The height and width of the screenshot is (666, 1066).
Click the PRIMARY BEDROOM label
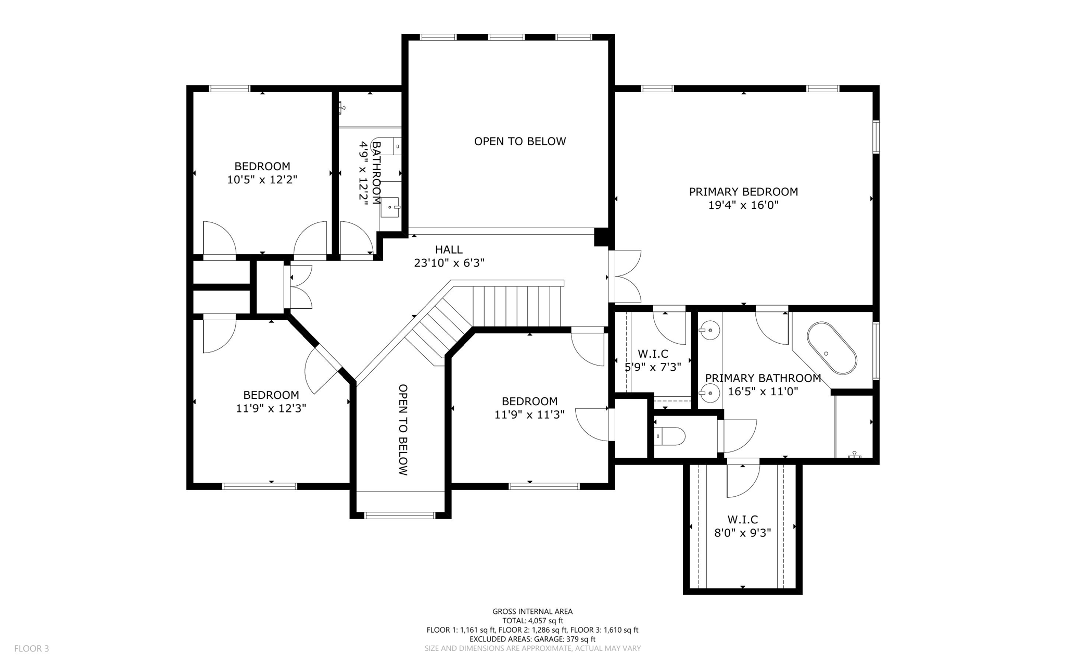click(743, 192)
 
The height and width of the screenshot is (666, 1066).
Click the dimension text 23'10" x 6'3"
click(449, 263)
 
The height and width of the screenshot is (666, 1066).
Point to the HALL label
click(449, 249)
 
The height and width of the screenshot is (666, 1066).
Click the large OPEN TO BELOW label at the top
click(519, 141)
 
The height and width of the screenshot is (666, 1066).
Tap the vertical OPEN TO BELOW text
click(403, 430)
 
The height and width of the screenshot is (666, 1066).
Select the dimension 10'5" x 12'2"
click(262, 180)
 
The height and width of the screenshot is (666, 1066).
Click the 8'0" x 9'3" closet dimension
click(742, 533)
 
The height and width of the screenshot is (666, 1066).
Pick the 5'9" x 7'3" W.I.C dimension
click(653, 367)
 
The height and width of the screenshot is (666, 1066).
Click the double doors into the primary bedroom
click(625, 277)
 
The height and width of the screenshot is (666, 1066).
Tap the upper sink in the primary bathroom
click(709, 330)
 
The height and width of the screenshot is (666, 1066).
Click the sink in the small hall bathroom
click(390, 207)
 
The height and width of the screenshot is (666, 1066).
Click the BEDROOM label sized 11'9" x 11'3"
click(529, 401)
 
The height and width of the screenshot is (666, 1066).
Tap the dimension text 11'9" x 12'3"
click(271, 408)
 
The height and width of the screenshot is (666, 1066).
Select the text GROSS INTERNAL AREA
click(532, 611)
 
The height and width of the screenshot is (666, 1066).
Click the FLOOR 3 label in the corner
click(31, 648)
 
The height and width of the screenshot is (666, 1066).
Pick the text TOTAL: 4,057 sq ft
click(532, 621)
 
